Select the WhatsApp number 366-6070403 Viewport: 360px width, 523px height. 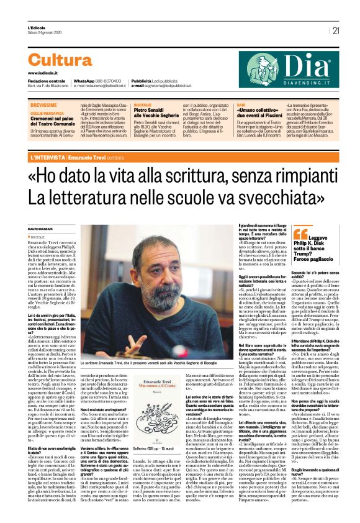point(111,81)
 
